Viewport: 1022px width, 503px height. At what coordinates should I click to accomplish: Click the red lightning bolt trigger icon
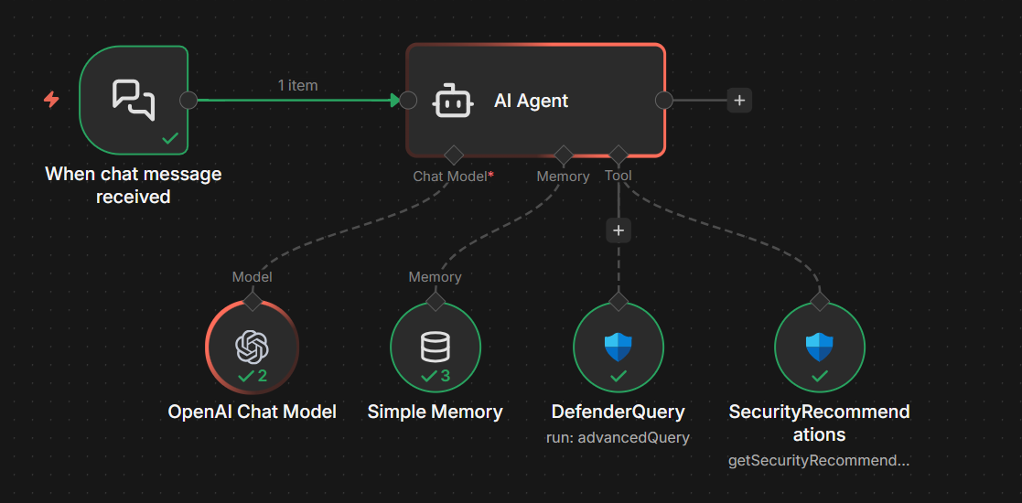click(x=52, y=100)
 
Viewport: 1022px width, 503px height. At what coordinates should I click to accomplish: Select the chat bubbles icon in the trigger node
click(x=134, y=100)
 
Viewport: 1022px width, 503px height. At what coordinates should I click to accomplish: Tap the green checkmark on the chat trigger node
click(x=170, y=138)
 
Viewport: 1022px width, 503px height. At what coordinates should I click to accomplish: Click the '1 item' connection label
click(x=297, y=85)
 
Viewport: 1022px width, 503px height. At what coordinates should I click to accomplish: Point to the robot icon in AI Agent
click(x=454, y=101)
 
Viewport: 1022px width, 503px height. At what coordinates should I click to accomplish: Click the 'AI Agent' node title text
click(x=531, y=101)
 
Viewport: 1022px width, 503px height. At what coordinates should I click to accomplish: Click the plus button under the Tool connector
click(x=619, y=230)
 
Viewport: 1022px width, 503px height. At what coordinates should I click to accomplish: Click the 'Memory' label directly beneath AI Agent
click(x=563, y=176)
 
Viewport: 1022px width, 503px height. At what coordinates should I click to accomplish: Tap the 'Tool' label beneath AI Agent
click(x=619, y=175)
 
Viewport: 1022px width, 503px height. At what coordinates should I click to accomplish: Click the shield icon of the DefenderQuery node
click(x=619, y=347)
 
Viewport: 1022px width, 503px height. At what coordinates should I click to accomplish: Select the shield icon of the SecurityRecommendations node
click(x=820, y=347)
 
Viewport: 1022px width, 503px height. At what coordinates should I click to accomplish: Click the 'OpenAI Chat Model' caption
click(x=253, y=412)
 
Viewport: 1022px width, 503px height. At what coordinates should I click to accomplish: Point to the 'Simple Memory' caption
click(x=436, y=412)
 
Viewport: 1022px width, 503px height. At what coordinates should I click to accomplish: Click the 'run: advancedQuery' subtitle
click(x=619, y=437)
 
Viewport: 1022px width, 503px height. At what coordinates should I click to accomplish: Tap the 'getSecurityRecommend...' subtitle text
click(x=819, y=460)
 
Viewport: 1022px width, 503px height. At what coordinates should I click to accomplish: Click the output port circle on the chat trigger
click(x=188, y=100)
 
